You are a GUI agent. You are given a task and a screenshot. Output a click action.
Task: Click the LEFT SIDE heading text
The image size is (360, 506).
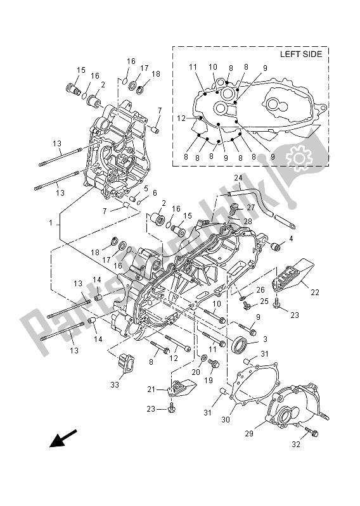pyautogui.click(x=301, y=54)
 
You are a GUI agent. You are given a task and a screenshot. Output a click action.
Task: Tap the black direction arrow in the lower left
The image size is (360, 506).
pyautogui.click(x=63, y=438)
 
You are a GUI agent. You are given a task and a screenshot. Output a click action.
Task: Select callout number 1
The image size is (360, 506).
pyautogui.click(x=50, y=223)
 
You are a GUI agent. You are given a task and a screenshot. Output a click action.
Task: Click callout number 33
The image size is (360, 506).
pyautogui.click(x=115, y=384)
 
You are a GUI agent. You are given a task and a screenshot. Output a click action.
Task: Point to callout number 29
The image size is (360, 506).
pyautogui.click(x=249, y=433)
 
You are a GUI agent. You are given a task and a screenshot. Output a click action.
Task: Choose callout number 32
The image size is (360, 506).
pyautogui.click(x=296, y=445)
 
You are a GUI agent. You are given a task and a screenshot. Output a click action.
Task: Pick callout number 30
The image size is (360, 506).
pyautogui.click(x=226, y=419)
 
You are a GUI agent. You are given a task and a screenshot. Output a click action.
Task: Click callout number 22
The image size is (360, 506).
pyautogui.click(x=315, y=293)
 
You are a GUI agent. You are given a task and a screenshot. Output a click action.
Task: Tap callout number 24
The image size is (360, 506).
pyautogui.click(x=238, y=178)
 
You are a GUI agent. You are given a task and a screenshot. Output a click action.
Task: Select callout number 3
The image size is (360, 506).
pyautogui.click(x=265, y=339)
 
